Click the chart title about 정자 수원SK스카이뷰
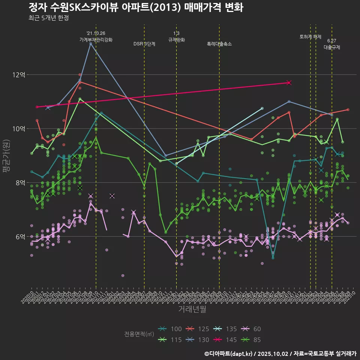tap(136, 7)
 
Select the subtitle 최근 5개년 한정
tap(48, 18)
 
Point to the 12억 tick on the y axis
tap(19, 75)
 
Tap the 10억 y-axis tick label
tap(19, 129)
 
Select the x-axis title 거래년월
tap(192, 309)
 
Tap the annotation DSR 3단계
tap(144, 44)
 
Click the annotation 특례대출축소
tap(219, 44)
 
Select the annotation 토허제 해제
tap(310, 37)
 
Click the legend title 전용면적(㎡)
tap(139, 334)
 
